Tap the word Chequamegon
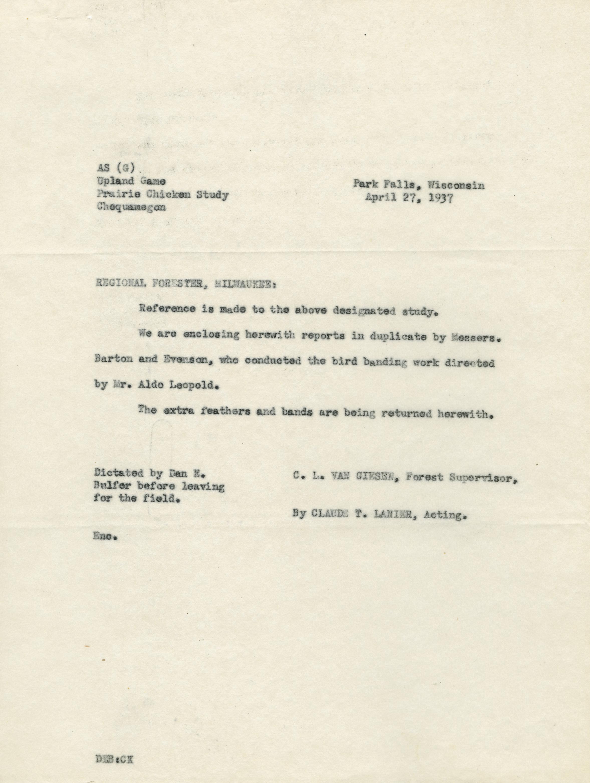(x=131, y=207)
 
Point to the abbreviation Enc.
(x=105, y=536)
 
